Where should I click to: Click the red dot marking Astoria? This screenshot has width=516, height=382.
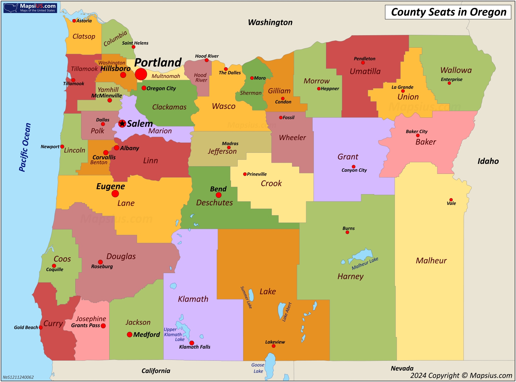pyautogui.click(x=74, y=21)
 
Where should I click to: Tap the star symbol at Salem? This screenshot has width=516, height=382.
pyautogui.click(x=122, y=123)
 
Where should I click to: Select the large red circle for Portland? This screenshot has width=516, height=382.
pyautogui.click(x=141, y=74)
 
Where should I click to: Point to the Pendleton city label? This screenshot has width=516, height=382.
pyautogui.click(x=364, y=59)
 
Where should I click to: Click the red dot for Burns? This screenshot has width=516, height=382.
pyautogui.click(x=347, y=232)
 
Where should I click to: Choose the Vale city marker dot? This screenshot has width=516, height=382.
pyautogui.click(x=451, y=200)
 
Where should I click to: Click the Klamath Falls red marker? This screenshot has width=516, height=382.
pyautogui.click(x=192, y=343)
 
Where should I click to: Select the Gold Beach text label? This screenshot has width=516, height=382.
pyautogui.click(x=26, y=327)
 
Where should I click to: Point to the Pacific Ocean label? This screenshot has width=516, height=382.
pyautogui.click(x=25, y=147)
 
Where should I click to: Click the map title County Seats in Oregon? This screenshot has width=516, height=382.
pyautogui.click(x=448, y=12)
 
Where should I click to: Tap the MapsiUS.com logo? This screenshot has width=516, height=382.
pyautogui.click(x=30, y=8)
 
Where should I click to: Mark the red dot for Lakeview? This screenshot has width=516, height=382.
pyautogui.click(x=273, y=346)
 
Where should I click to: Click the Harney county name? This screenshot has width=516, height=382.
pyautogui.click(x=350, y=276)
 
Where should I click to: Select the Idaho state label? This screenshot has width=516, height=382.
pyautogui.click(x=488, y=161)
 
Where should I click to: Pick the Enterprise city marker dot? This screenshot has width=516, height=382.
pyautogui.click(x=449, y=83)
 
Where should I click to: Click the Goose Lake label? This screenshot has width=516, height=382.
pyautogui.click(x=258, y=368)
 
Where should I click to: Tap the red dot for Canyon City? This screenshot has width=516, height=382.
pyautogui.click(x=353, y=167)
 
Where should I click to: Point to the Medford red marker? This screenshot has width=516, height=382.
pyautogui.click(x=130, y=335)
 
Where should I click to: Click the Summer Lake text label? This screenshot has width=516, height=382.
pyautogui.click(x=246, y=297)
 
